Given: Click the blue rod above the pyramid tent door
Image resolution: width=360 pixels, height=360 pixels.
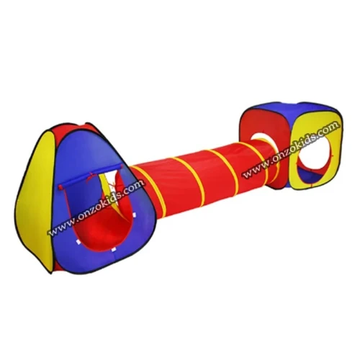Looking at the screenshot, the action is click(91, 176).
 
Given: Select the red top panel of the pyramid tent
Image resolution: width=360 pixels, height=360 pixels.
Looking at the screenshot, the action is click(88, 127).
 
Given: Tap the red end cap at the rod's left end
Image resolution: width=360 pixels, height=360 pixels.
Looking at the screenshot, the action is click(60, 186).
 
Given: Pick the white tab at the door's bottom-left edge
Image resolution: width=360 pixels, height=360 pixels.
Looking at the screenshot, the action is click(78, 242).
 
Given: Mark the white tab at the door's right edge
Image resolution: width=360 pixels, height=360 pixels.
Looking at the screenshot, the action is click(134, 215).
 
